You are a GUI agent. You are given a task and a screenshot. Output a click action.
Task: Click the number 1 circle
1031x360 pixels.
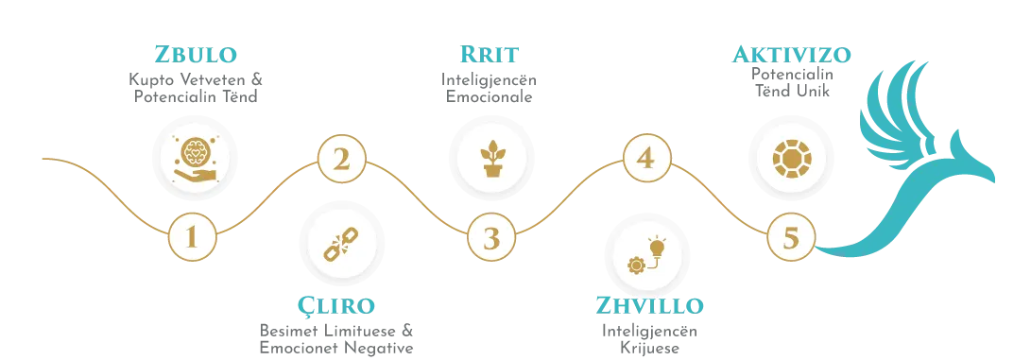[192, 236]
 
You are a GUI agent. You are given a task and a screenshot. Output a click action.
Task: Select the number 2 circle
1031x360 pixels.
[341, 160]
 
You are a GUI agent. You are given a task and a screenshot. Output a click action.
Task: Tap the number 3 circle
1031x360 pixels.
[491, 237]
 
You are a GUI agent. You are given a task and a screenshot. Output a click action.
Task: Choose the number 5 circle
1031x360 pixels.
[791, 236]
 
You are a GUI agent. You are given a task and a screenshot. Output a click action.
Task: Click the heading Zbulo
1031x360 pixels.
[196, 53]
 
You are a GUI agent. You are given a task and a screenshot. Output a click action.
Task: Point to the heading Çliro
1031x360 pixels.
[336, 306]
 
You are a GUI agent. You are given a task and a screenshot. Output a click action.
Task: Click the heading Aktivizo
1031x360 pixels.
[792, 53]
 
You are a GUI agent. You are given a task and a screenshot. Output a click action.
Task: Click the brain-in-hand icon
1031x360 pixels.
[196, 157]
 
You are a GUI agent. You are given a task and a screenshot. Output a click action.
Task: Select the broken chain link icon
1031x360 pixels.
[337, 242]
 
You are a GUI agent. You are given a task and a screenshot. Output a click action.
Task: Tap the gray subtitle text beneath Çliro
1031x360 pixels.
[336, 336]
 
